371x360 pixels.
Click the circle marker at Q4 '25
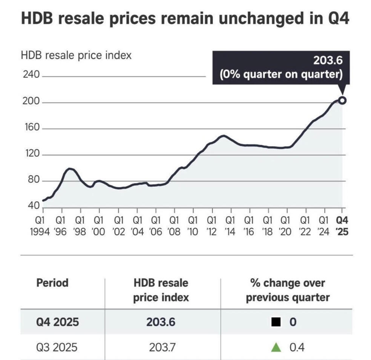tap(342, 100)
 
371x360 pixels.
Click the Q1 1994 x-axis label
tap(40, 225)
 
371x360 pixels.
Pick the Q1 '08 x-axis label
tap(174, 225)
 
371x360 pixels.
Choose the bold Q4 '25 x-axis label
tap(342, 225)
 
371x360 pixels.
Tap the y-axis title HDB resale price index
tap(76, 55)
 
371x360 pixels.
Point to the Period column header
tap(52, 283)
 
